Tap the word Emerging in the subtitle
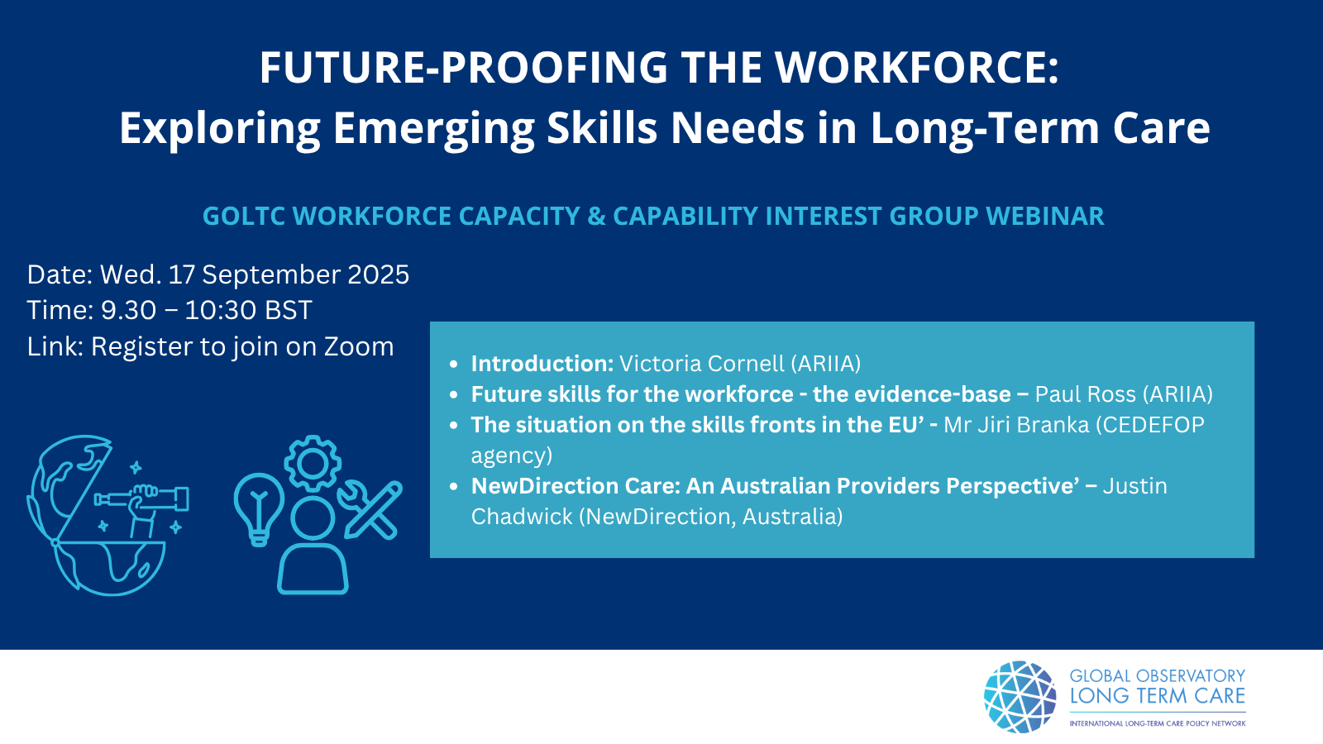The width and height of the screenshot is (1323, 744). point(433,130)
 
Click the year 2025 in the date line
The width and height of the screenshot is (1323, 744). point(379,274)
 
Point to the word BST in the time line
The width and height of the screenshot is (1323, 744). point(289,310)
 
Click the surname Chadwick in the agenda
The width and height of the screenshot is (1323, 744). point(522,517)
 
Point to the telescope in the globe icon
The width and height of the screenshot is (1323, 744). point(141,499)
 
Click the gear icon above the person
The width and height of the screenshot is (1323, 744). point(313,464)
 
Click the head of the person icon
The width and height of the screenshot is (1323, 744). point(313,518)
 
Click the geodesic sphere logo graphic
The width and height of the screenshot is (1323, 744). point(1020,697)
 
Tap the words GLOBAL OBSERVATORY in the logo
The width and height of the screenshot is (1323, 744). point(1157,675)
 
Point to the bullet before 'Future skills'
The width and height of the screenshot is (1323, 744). point(454,394)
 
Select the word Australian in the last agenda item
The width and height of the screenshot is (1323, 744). point(775,486)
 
